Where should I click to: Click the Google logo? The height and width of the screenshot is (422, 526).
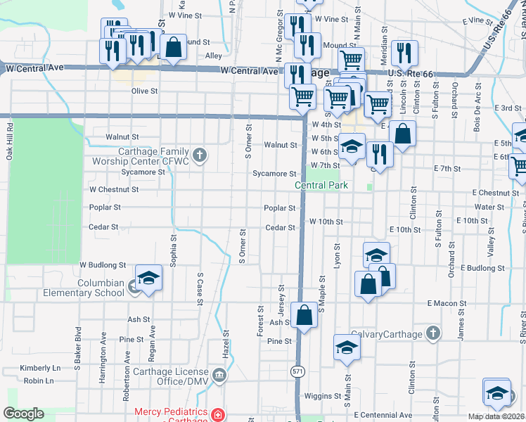24,414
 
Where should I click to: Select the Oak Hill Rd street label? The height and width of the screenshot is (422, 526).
11,143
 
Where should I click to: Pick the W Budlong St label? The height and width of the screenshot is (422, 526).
102,265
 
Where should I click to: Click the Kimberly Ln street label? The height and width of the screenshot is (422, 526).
40,368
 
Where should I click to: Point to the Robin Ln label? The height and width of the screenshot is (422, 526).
38,381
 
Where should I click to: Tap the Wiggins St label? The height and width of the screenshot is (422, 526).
327,396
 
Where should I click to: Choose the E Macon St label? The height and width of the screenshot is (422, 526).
445,302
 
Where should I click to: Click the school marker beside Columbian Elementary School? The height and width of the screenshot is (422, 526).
148,280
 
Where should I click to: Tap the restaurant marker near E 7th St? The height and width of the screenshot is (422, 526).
380,154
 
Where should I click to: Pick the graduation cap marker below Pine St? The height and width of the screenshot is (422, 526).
346,348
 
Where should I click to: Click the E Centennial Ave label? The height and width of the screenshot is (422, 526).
383,415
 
